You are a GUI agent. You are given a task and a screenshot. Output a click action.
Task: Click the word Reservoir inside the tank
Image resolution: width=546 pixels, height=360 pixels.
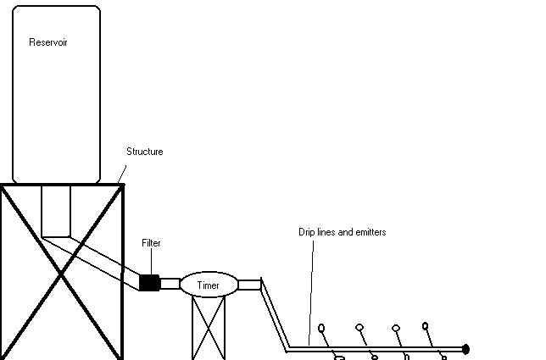(48, 42)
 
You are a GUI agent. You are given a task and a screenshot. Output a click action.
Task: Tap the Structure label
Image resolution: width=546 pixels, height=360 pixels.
(144, 152)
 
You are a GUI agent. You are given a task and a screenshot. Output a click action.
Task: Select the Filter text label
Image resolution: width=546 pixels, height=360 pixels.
(151, 243)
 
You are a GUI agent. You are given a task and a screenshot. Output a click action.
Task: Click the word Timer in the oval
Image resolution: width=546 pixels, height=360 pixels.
(209, 285)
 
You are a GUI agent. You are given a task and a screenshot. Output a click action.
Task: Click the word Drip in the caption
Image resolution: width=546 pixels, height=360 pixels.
(306, 232)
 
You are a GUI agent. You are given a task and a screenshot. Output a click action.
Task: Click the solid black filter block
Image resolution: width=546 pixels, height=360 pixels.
(150, 282)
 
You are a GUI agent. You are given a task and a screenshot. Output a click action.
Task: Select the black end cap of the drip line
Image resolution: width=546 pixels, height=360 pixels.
(465, 349)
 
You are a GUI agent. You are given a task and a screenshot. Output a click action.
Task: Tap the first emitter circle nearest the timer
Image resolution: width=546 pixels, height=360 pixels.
(321, 328)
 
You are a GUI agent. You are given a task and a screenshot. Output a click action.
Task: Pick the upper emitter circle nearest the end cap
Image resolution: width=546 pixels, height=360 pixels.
(425, 326)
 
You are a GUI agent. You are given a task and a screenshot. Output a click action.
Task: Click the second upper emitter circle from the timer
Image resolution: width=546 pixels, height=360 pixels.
(359, 327)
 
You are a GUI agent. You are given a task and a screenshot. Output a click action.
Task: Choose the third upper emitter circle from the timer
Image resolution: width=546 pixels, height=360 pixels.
(396, 328)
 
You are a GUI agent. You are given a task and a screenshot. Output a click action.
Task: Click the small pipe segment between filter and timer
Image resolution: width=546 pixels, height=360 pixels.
(170, 284)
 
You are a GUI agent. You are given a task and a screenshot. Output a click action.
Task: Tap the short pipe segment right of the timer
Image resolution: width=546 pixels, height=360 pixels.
(249, 285)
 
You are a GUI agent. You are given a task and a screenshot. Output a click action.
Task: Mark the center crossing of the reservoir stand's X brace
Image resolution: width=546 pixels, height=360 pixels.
(62, 274)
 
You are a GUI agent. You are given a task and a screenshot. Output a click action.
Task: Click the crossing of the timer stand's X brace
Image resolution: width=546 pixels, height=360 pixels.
(209, 328)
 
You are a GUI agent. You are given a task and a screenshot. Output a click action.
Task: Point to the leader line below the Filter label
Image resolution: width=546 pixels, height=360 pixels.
(152, 261)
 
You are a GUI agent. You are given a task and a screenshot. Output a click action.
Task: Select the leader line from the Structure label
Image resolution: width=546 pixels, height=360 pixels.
(122, 174)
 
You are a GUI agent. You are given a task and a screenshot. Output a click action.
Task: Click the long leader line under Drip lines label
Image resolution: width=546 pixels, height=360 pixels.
(311, 292)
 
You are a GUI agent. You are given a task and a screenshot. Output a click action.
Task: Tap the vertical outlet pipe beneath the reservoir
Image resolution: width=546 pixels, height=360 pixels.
(56, 212)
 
